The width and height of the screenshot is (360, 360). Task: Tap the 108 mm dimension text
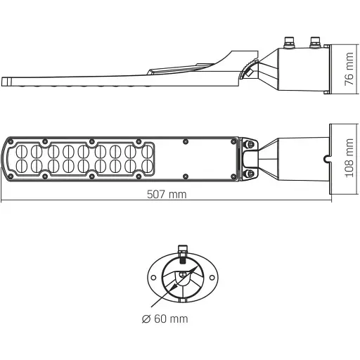point(347,159)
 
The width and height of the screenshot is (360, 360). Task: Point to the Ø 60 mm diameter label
point(165,319)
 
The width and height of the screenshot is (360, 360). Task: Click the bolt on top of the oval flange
point(183,248)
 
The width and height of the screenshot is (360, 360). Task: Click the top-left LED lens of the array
point(20,150)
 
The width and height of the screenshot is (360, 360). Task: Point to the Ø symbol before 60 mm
point(145,319)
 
